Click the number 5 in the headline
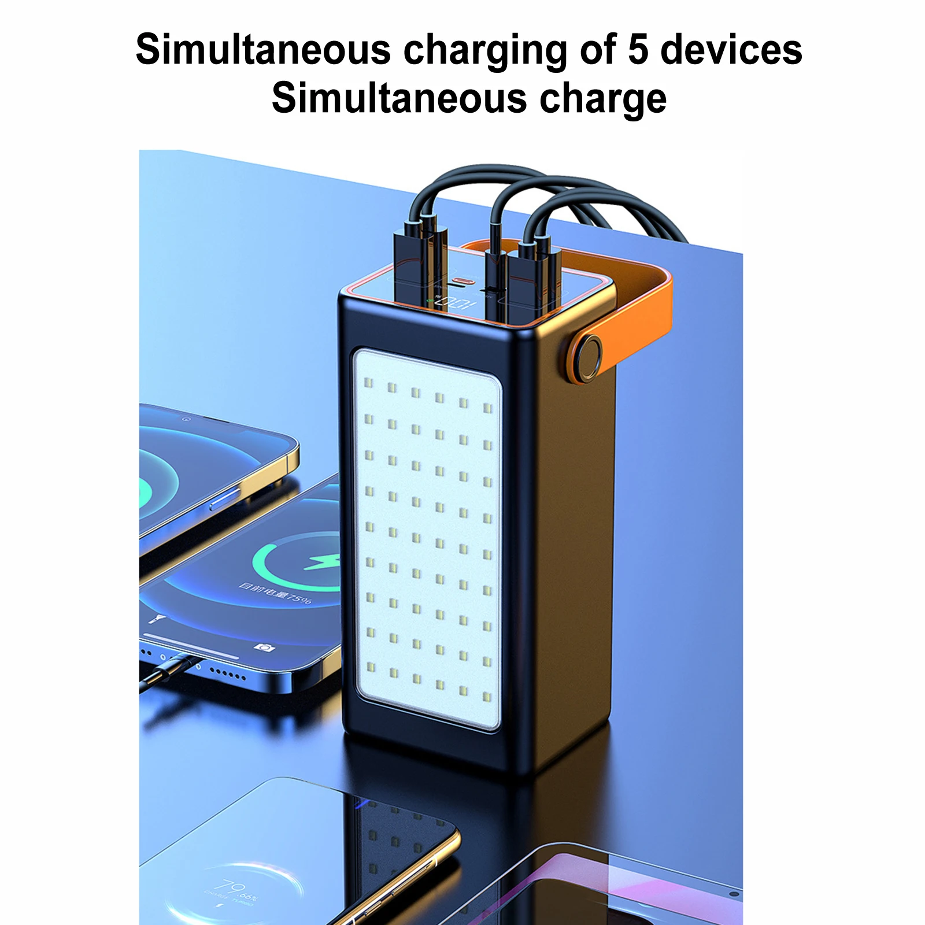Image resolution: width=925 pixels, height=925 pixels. click(638, 50)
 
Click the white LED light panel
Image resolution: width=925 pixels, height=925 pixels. click(428, 538)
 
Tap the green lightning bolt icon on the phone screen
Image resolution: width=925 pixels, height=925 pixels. click(320, 561)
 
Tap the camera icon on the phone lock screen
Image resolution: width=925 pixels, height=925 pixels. click(264, 647)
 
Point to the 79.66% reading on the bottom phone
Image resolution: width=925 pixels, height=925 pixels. click(234, 887)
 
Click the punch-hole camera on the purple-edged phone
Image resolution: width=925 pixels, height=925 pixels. click(734, 894)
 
